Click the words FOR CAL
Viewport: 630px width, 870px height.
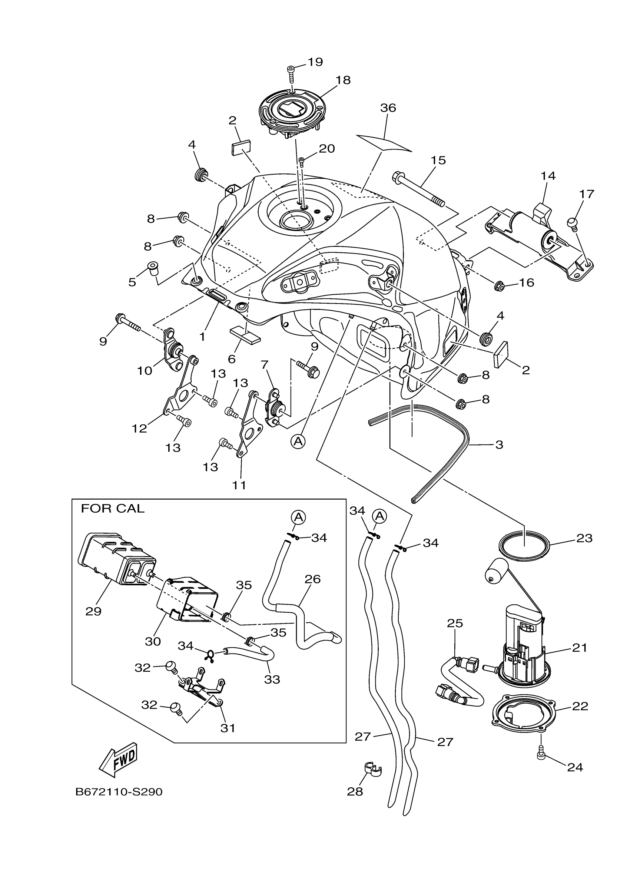click(x=112, y=509)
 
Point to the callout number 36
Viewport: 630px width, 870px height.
click(x=388, y=108)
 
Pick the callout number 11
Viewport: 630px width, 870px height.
click(x=239, y=485)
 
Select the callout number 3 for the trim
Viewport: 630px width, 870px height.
click(x=499, y=444)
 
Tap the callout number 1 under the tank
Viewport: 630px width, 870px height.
click(x=202, y=337)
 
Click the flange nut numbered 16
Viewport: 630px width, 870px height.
click(x=499, y=285)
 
